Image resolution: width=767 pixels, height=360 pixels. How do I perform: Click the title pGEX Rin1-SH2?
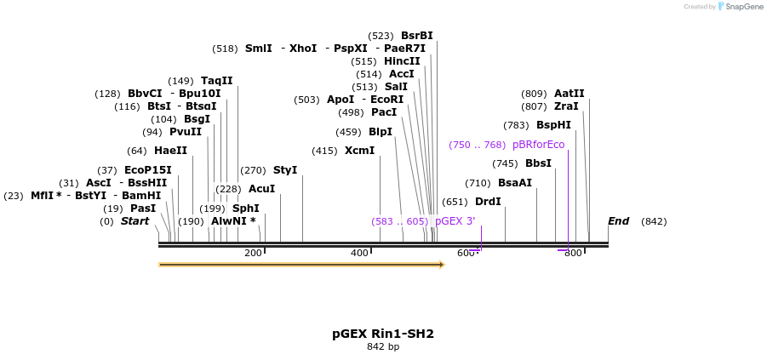383,334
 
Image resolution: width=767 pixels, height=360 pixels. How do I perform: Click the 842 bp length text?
383,346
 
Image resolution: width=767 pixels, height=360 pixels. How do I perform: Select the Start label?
135,221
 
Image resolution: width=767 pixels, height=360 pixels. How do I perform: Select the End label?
618,221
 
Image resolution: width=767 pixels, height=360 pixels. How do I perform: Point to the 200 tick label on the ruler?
253,253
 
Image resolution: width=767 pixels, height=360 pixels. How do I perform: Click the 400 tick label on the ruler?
359,253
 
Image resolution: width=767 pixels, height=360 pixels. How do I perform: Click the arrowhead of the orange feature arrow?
441,265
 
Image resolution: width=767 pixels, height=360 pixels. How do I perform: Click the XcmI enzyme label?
359,151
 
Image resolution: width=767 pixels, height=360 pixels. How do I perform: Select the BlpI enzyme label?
381,132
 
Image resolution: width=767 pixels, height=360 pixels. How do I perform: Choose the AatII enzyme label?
570,94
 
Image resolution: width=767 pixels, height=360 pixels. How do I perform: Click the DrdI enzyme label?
488,202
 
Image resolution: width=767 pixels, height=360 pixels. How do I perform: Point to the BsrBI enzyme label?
417,36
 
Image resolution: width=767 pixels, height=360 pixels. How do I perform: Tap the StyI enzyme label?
285,170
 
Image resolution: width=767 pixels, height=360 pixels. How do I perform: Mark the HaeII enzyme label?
170,151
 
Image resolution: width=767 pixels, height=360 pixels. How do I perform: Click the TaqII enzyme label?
217,81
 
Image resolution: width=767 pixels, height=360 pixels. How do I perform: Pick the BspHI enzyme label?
553,125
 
